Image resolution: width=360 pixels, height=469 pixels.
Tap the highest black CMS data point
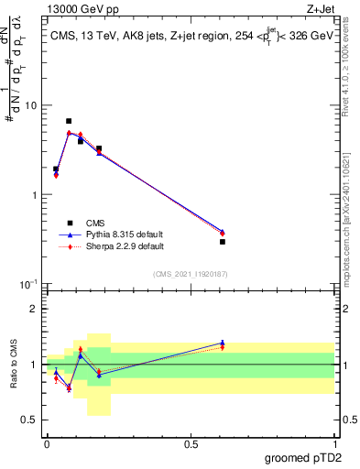click(x=69, y=121)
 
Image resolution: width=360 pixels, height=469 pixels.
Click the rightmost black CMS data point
click(x=223, y=242)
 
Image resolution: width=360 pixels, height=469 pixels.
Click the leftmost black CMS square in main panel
click(x=56, y=169)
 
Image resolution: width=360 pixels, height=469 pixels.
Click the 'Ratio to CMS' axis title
click(x=13, y=365)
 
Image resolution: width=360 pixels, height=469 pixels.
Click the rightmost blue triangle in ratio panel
click(x=223, y=343)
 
